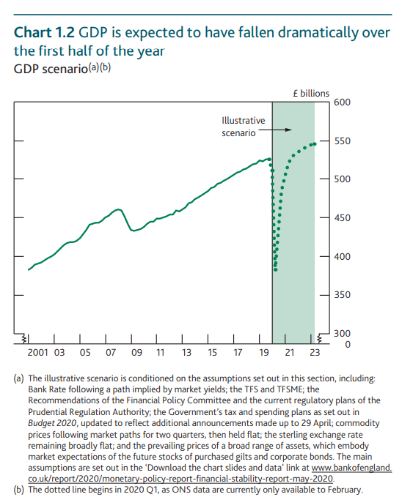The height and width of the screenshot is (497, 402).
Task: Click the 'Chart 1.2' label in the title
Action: click(x=44, y=33)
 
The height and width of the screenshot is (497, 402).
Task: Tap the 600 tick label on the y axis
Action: click(x=342, y=102)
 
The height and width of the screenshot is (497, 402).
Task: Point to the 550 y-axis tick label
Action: click(x=342, y=141)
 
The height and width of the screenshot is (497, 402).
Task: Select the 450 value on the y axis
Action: click(x=342, y=217)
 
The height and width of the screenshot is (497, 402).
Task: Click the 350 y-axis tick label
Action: click(x=342, y=294)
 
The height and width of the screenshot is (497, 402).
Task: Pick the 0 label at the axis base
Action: click(x=347, y=344)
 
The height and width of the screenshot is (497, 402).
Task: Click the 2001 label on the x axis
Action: click(x=37, y=353)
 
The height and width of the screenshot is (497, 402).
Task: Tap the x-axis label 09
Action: click(x=136, y=353)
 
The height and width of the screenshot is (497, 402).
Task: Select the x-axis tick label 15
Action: click(x=212, y=353)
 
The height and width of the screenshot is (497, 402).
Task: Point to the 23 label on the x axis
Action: click(x=315, y=353)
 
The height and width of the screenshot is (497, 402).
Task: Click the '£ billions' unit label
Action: click(x=311, y=94)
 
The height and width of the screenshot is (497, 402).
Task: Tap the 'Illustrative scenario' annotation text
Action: click(x=243, y=127)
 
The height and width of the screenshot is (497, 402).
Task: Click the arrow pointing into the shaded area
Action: click(x=275, y=130)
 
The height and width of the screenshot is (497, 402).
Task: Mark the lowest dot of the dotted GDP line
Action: click(x=276, y=270)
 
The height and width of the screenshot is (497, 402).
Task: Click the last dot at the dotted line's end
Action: click(x=315, y=144)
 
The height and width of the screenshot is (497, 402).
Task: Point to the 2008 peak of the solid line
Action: click(x=119, y=209)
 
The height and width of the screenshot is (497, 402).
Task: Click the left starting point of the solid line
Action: click(x=29, y=270)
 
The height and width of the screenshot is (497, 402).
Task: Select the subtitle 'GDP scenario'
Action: click(x=51, y=69)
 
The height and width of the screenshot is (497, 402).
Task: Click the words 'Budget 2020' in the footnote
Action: click(x=52, y=423)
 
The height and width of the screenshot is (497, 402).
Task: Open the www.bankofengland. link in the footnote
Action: click(x=351, y=468)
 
